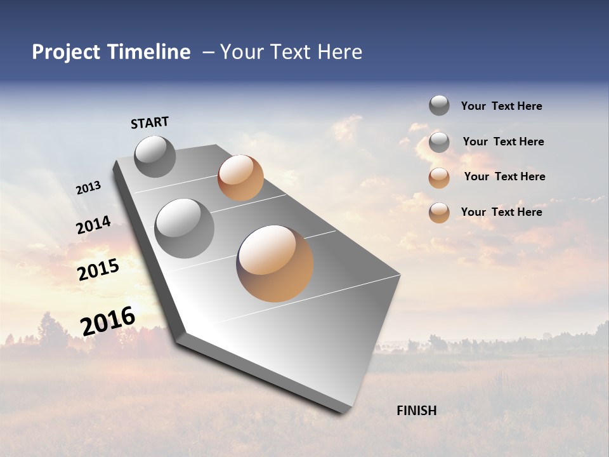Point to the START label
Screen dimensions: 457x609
point(150,123)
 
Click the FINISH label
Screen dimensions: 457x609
point(417,411)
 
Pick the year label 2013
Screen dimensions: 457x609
point(88,188)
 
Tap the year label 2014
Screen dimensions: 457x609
point(93,225)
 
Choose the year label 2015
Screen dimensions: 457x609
point(98,270)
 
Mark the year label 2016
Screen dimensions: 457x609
point(108,321)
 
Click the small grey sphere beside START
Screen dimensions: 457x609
point(155,156)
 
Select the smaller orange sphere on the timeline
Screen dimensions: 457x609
point(240,178)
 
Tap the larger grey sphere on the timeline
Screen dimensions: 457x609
point(185,228)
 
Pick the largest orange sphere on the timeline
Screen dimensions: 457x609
point(275,263)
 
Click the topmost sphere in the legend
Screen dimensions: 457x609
point(439,105)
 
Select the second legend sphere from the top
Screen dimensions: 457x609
point(439,142)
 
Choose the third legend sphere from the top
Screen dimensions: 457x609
point(439,178)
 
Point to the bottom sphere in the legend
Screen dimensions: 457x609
point(439,213)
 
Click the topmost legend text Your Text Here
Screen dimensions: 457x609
point(501,107)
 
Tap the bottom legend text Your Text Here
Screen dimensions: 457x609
point(501,212)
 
